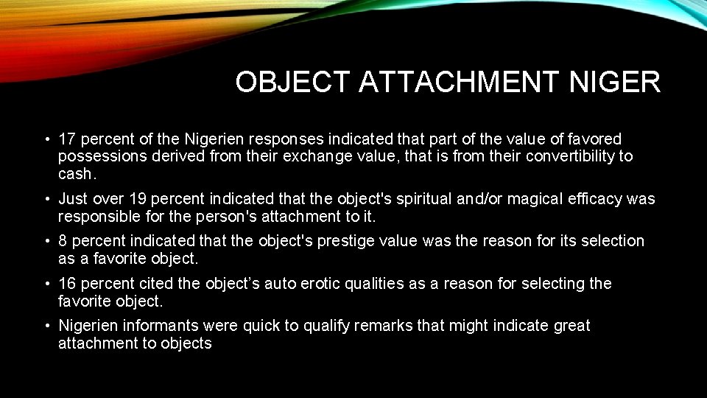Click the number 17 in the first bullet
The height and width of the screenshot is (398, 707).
pos(67,139)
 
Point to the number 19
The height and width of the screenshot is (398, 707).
pos(138,199)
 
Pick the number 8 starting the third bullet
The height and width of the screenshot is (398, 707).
pos(63,242)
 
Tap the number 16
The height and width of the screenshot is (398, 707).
pos(68,284)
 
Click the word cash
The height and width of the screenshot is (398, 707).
pos(77,174)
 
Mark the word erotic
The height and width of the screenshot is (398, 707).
pos(323,284)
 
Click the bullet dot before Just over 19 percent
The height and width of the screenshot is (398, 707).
pos(46,199)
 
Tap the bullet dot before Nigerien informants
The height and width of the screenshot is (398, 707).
pos(46,326)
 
